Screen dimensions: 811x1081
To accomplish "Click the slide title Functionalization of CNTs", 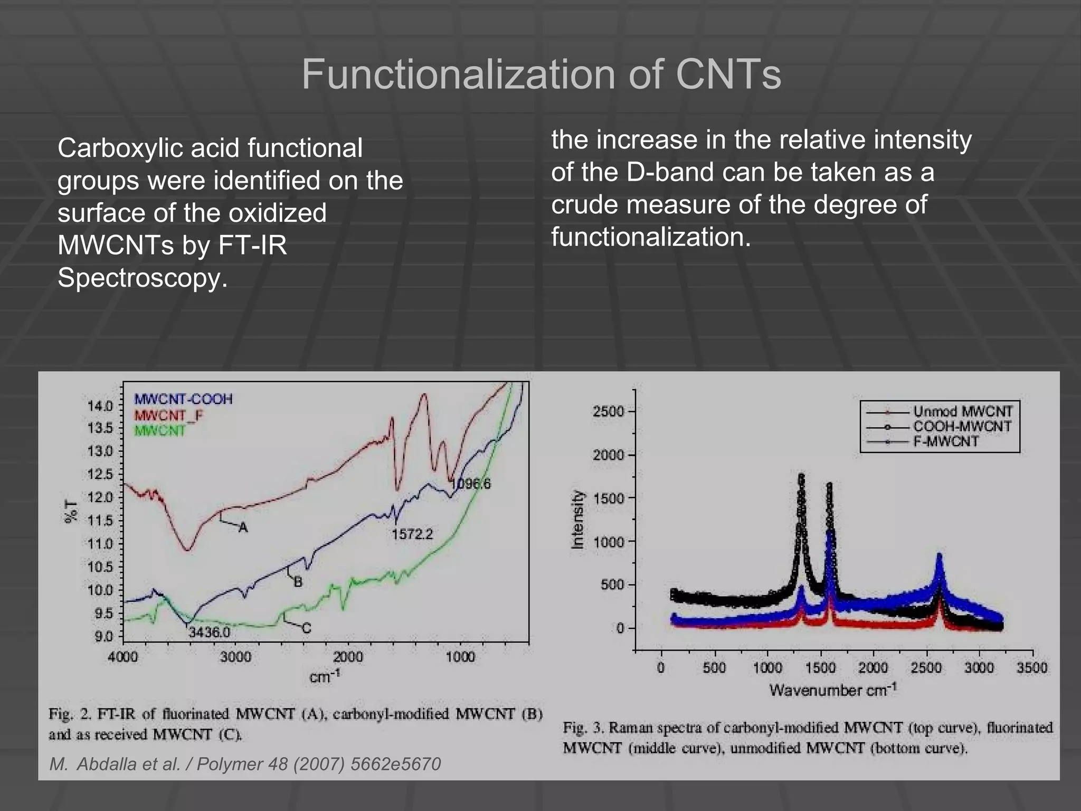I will [541, 75].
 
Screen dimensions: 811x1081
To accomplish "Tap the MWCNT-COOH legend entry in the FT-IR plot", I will [183, 399].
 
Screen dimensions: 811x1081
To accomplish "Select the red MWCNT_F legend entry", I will [168, 415].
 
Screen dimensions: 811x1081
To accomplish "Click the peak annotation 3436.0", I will [210, 631].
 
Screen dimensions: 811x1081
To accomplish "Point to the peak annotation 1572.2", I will [412, 534].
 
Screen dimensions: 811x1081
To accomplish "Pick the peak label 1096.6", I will [471, 484].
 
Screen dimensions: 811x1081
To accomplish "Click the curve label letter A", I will [243, 527].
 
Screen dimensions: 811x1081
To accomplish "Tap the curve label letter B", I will [298, 582].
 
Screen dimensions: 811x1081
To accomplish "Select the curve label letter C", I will [307, 628].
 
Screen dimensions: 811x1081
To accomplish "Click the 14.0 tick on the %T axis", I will [100, 406].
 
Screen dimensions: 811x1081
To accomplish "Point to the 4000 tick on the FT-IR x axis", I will [123, 657].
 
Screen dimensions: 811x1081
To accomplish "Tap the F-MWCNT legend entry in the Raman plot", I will [946, 441].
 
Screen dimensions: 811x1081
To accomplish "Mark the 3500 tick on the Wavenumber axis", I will [1032, 667].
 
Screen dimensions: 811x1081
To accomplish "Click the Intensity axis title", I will [579, 520].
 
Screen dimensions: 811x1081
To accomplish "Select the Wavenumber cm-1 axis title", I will [832, 690].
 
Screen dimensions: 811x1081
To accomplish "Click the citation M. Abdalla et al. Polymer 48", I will [245, 764].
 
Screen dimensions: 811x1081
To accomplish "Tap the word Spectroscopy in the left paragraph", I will [143, 278].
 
